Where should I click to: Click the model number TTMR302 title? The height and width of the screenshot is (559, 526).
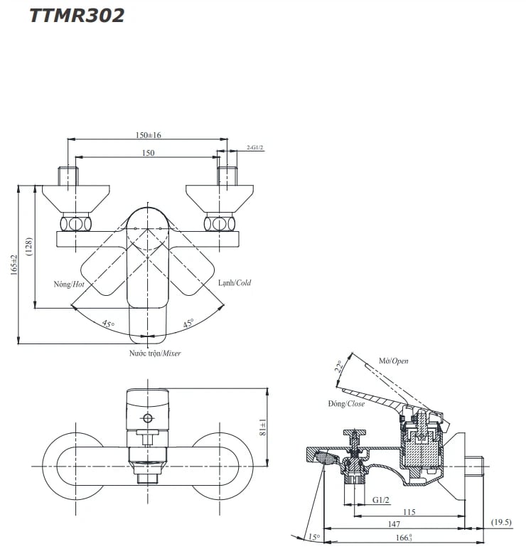click(77, 16)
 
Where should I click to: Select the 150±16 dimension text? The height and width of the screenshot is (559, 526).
click(149, 134)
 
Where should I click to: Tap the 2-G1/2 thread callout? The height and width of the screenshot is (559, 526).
click(255, 147)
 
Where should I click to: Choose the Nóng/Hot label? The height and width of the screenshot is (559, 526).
click(69, 284)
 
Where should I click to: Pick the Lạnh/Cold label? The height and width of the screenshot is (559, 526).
click(235, 283)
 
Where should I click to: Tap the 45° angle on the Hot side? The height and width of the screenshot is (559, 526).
click(107, 324)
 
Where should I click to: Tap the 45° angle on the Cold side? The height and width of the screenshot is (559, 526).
click(188, 324)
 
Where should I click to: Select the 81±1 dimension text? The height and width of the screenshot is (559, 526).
click(263, 427)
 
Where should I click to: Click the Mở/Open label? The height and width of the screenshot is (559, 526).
click(394, 361)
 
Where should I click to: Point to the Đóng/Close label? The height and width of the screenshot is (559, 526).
click(346, 404)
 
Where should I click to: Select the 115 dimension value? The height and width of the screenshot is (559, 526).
click(408, 512)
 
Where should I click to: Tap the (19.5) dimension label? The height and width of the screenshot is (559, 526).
click(501, 523)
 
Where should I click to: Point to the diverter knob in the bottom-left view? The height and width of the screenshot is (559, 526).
click(149, 418)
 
